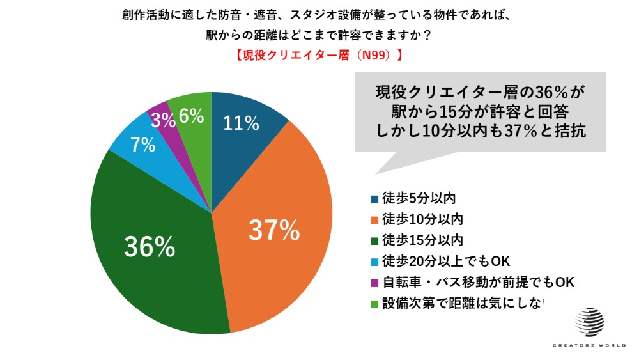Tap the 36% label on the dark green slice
pos(149,247)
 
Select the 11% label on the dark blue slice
pos(241,123)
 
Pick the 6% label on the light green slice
pos(191,116)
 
